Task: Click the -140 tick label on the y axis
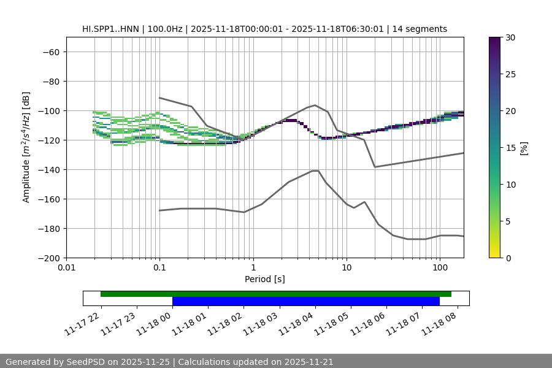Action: pos(50,169)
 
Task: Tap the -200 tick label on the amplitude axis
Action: pos(50,258)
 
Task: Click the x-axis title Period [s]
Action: pos(264,279)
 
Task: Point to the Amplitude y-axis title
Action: pos(26,147)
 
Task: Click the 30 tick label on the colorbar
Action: pos(510,37)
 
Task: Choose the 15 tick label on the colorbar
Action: pos(510,148)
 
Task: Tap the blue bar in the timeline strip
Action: pos(305,301)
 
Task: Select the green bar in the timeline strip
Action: pos(275,294)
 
